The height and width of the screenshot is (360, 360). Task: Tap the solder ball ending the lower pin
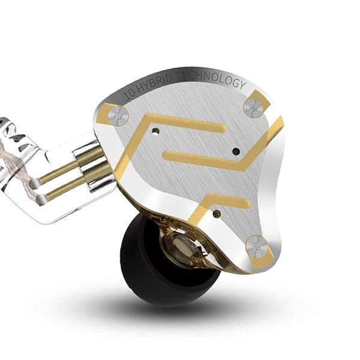coord(42,200)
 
